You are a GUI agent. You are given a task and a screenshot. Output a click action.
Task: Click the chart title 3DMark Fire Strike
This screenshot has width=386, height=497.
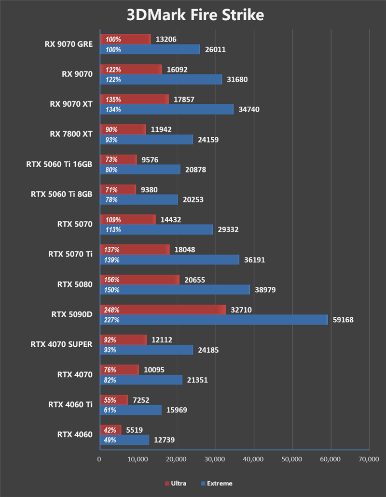point(195,15)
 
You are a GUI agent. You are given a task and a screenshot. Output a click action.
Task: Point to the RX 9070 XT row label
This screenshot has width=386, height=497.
point(71,104)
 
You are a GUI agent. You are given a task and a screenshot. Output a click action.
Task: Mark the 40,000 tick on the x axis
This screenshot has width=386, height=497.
point(254,460)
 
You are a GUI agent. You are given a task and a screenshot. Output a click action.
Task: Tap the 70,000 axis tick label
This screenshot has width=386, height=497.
point(369,460)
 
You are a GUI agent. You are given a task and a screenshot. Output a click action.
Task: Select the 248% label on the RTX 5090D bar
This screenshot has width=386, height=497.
point(111,310)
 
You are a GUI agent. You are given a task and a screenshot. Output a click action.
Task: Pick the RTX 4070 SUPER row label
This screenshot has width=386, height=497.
point(61,344)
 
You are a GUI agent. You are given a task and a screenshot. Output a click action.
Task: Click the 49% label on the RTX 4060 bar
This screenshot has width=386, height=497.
point(110,440)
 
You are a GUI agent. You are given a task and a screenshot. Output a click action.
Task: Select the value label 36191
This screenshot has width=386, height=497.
point(255,260)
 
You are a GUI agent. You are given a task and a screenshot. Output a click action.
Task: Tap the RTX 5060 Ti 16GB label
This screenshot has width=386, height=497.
point(59,164)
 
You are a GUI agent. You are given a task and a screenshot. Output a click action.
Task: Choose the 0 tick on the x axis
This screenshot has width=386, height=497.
point(99,460)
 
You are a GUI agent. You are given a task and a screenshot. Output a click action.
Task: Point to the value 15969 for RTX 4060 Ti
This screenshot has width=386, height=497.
point(177,410)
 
